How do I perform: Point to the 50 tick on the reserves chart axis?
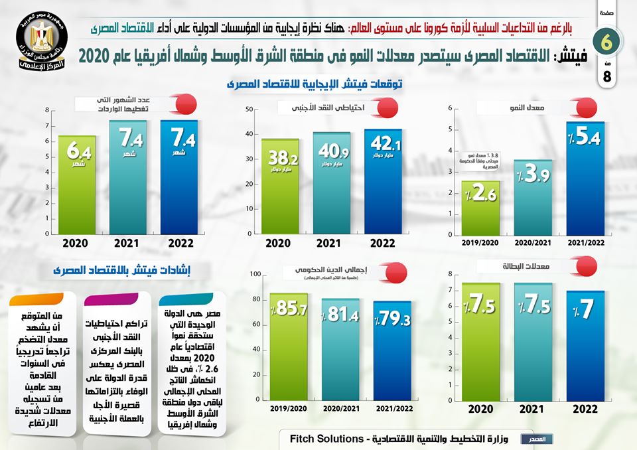pos(249,109)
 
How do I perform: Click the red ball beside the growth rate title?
pos(586,106)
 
